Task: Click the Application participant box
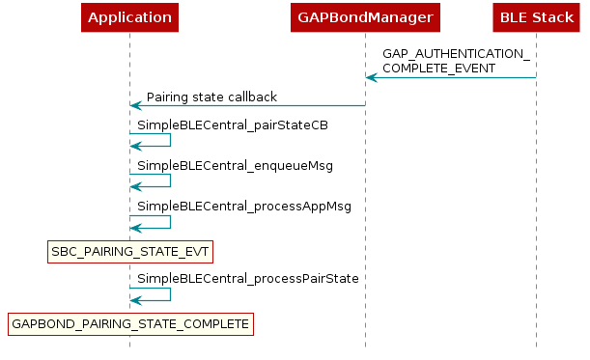[129, 17]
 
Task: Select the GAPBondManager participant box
[365, 17]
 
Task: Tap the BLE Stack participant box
[536, 17]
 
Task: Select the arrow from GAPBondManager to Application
[247, 105]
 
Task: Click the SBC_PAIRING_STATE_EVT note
[129, 252]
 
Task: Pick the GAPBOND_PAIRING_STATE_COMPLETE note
[129, 324]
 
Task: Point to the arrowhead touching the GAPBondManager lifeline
[372, 77]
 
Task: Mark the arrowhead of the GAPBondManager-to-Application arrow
[136, 105]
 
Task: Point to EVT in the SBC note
[194, 252]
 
